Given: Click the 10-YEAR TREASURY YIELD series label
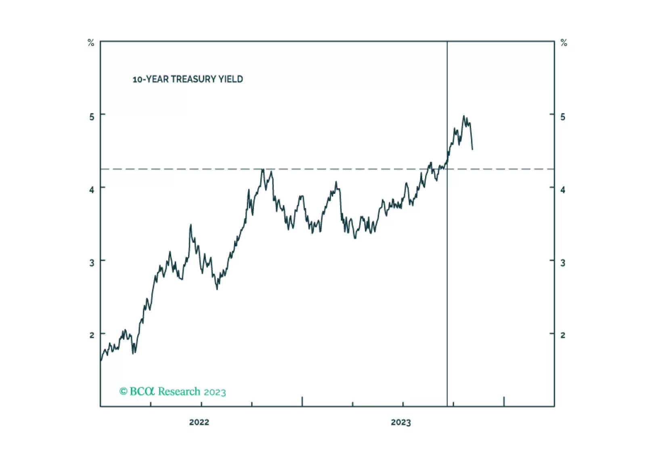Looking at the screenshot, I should [x=188, y=79].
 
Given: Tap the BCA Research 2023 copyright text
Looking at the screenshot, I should [x=172, y=391].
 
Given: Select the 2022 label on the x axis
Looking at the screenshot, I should [x=199, y=422].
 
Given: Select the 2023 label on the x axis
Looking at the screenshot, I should [x=401, y=422].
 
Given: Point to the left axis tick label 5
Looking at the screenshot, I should [x=92, y=117].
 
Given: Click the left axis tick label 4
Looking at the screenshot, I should [x=92, y=189].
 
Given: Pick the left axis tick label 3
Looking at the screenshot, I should [x=92, y=263].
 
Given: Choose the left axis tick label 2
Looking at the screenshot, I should [x=92, y=335].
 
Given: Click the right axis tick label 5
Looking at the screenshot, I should [x=563, y=117].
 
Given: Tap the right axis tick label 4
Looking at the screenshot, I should [x=563, y=189].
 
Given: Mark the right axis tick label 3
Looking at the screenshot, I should [x=563, y=263].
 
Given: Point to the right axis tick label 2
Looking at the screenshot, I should [x=563, y=335].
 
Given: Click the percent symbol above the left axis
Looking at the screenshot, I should [x=91, y=43].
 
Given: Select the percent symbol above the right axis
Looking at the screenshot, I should [x=564, y=43].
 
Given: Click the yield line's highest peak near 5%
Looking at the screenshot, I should [x=464, y=116].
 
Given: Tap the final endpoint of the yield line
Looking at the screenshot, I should [x=472, y=149].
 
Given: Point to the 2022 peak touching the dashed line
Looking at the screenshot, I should [x=263, y=170].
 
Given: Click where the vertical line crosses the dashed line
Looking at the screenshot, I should [x=447, y=169].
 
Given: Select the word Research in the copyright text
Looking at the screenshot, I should [x=179, y=391].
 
